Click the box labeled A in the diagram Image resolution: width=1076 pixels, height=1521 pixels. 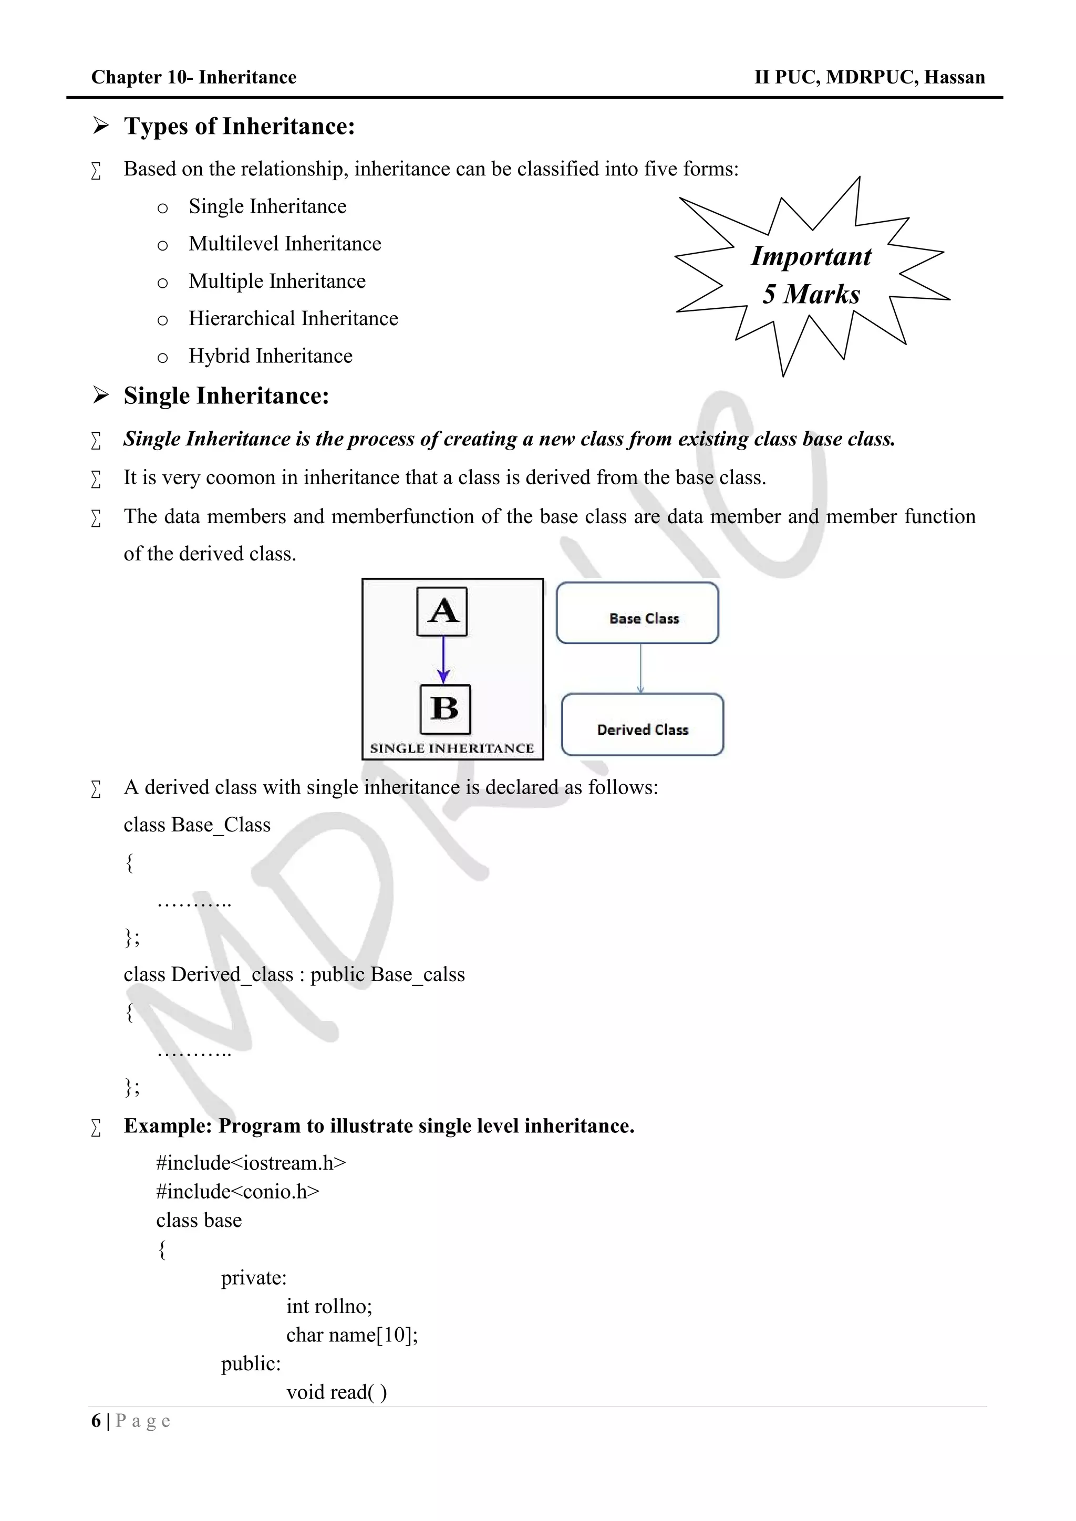tap(442, 611)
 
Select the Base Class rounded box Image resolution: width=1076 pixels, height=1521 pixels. tap(637, 613)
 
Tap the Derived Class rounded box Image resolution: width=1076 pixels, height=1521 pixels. tap(642, 725)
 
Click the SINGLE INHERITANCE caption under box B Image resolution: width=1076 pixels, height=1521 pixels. tap(452, 748)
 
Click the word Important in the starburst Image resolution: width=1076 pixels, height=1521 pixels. tap(811, 256)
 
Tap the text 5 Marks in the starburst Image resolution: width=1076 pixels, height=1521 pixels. tap(811, 294)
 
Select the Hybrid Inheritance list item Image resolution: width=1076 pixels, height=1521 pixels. tap(271, 357)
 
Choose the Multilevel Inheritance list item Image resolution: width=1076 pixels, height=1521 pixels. tap(285, 244)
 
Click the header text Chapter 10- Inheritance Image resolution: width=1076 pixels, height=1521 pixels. tap(193, 78)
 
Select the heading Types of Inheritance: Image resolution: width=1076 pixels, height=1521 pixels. tap(239, 127)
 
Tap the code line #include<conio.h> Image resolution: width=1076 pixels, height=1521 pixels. tap(237, 1192)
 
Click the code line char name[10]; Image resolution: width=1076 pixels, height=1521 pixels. tap(352, 1335)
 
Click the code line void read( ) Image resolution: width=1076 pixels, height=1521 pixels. tap(337, 1392)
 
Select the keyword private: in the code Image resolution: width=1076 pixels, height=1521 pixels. tap(254, 1278)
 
